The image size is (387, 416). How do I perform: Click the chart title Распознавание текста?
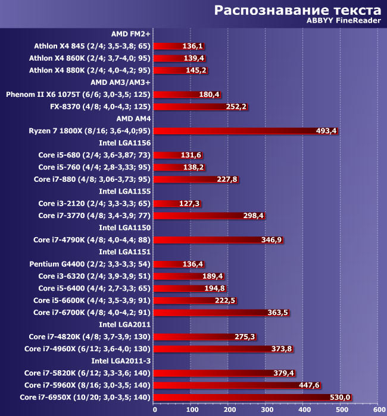point(297,10)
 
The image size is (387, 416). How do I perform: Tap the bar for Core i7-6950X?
point(253,397)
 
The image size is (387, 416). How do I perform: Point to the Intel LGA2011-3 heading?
point(121,361)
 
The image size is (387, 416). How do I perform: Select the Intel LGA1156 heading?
point(124,143)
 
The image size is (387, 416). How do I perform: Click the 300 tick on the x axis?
point(266,409)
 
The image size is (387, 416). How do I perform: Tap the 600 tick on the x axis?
point(377,409)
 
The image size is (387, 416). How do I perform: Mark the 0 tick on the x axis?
point(155,409)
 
